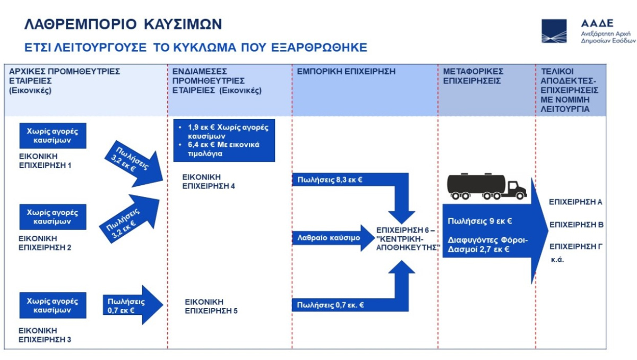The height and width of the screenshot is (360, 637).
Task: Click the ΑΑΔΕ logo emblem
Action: click(554, 31)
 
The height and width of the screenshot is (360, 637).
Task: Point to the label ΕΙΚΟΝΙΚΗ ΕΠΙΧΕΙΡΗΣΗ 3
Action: click(45, 334)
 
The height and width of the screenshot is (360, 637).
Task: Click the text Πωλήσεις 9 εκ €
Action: click(479, 221)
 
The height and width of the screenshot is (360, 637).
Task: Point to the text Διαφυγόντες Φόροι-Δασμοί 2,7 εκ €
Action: click(488, 244)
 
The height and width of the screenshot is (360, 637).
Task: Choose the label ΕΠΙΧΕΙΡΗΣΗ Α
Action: click(575, 202)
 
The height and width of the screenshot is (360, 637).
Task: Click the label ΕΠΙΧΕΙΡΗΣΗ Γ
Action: click(575, 246)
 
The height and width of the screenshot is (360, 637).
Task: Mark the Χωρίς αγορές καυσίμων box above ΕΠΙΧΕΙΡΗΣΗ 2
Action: click(53, 217)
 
